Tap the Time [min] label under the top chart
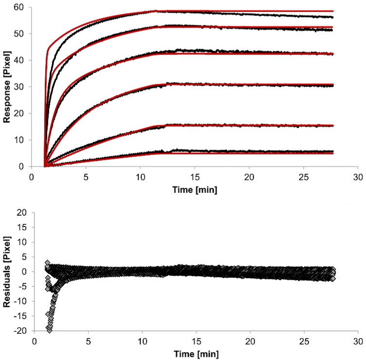tap(195, 189)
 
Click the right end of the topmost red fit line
tap(333, 11)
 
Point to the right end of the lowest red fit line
tap(333, 153)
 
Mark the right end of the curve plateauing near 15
tap(333, 125)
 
